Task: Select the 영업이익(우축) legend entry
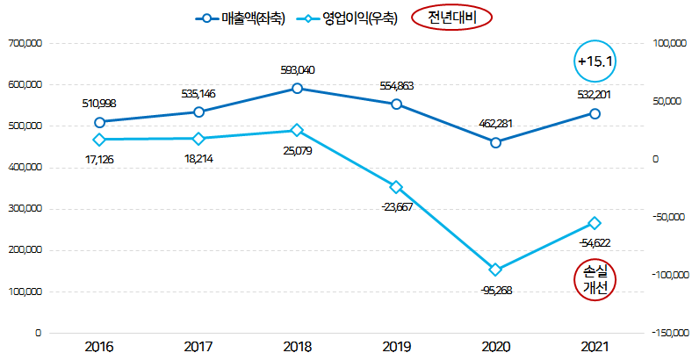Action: pos(345,18)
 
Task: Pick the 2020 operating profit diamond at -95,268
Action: pos(496,270)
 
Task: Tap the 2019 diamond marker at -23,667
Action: pos(396,187)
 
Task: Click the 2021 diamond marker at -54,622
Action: pos(595,223)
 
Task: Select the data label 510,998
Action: pos(99,104)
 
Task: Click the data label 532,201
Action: pos(595,96)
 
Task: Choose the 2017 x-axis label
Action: pos(198,346)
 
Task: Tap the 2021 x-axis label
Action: pos(595,346)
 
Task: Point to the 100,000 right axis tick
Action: pos(668,43)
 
